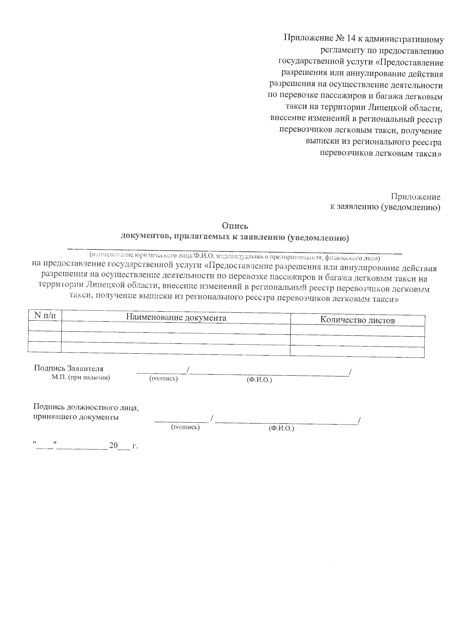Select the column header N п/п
[44, 315]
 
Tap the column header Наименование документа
[176, 318]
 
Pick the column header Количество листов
[357, 320]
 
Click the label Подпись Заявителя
[69, 368]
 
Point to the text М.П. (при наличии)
[81, 378]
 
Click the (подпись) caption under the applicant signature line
[163, 378]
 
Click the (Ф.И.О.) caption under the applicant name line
[259, 380]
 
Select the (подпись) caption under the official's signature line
[185, 427]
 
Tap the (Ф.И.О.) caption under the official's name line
[281, 428]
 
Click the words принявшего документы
[76, 417]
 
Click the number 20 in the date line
[114, 446]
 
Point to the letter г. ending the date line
[135, 446]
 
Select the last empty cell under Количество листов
[357, 352]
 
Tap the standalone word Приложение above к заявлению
[416, 197]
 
